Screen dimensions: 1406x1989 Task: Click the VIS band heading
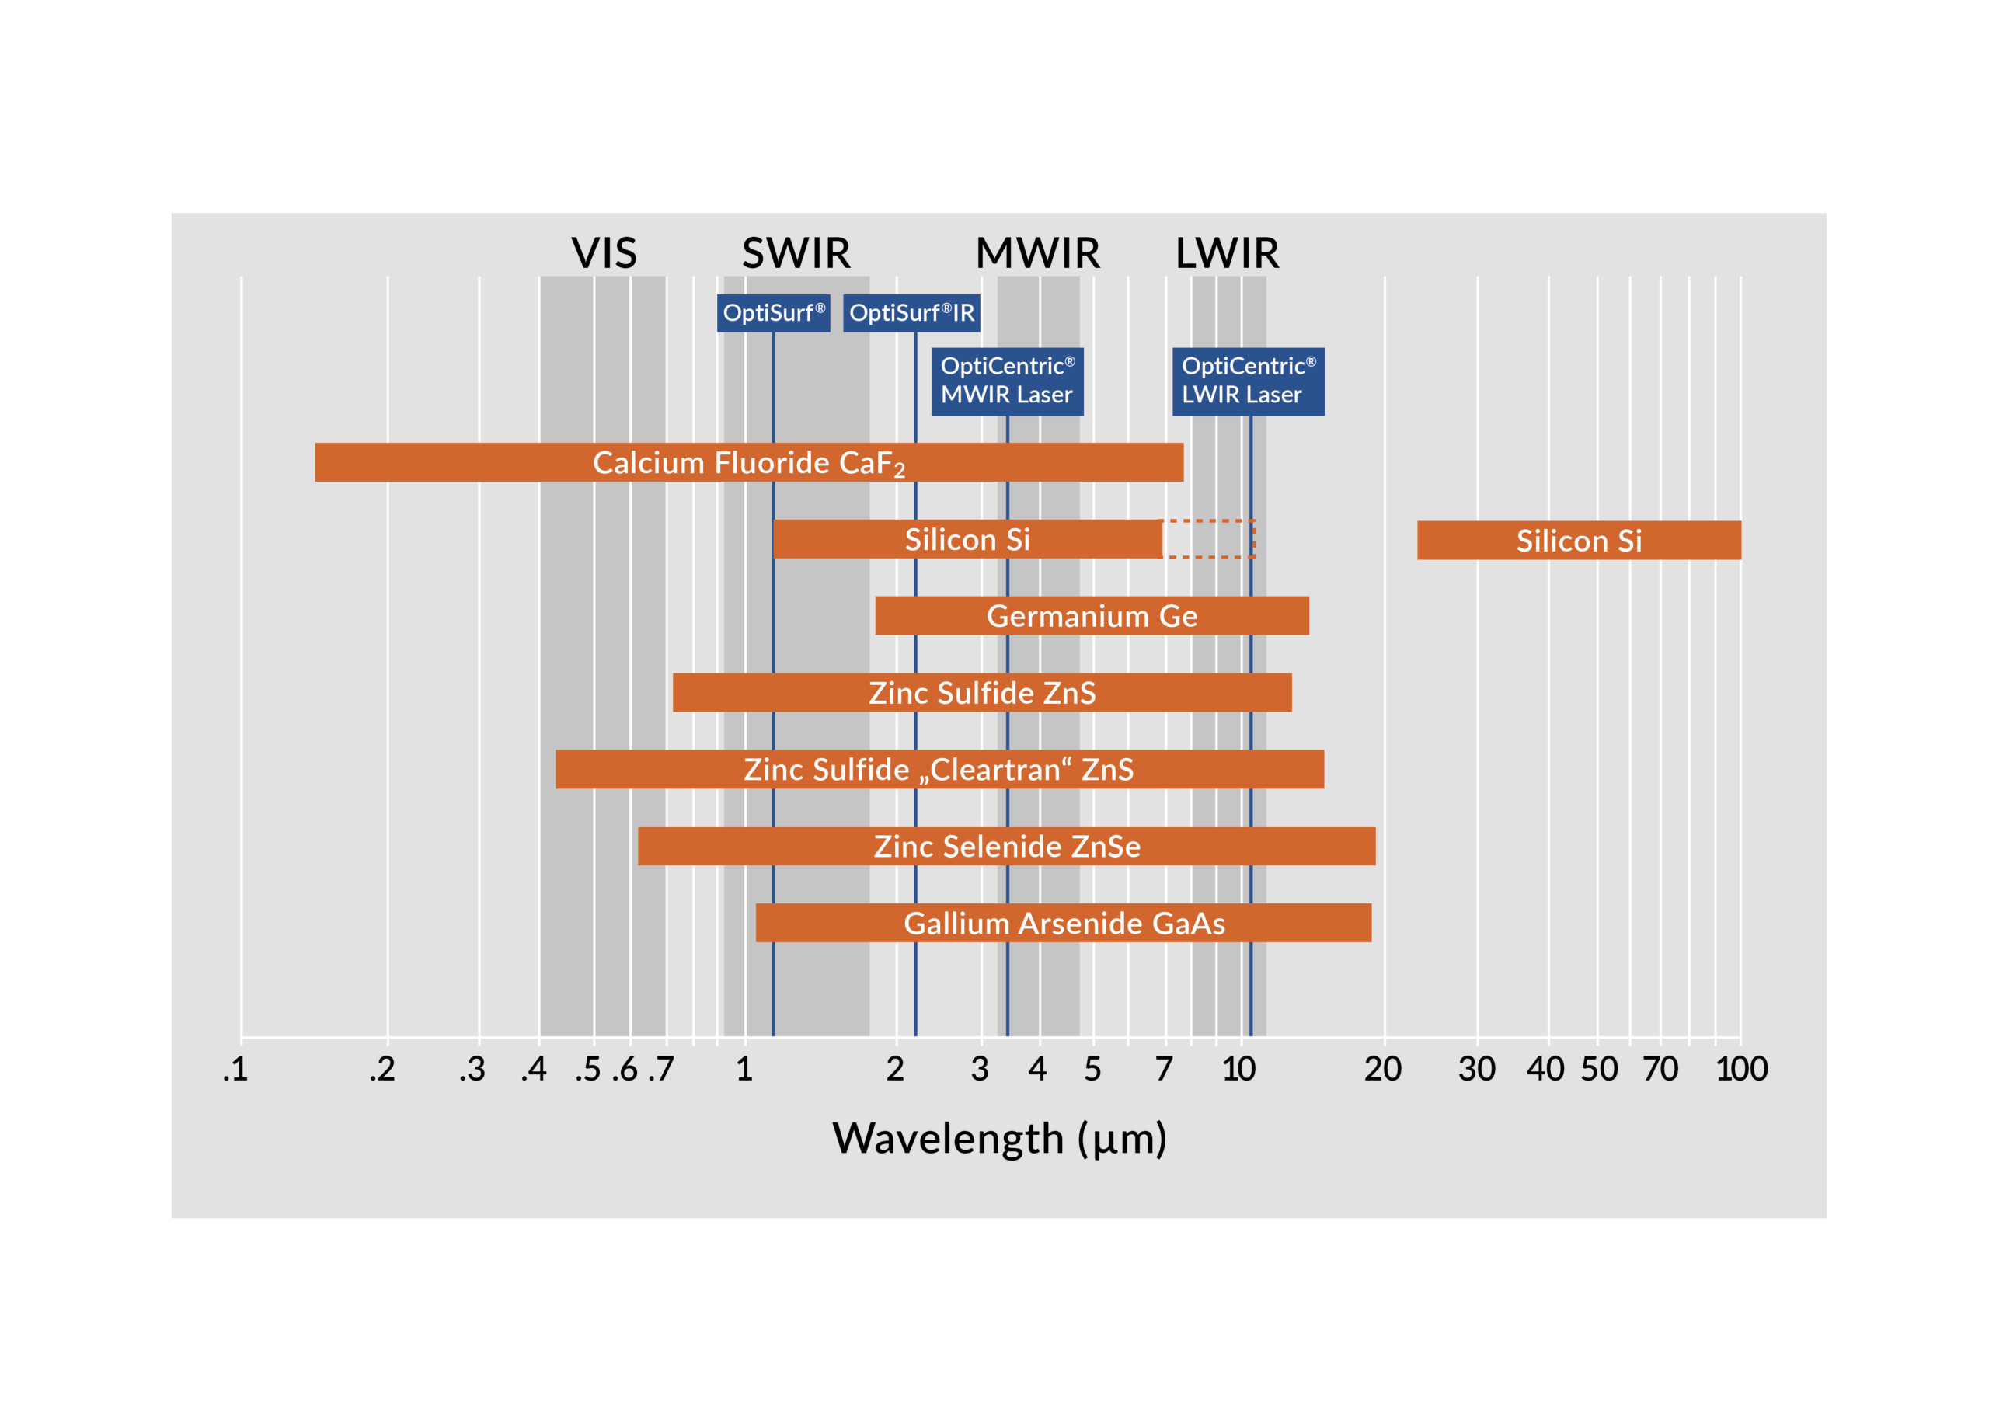click(x=604, y=253)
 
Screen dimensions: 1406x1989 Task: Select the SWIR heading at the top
click(x=796, y=253)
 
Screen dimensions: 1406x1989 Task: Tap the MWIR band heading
click(x=1037, y=253)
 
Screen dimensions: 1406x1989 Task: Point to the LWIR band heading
click(x=1227, y=253)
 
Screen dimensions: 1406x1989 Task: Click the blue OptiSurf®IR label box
click(x=911, y=313)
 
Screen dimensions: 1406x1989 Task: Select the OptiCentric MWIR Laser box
click(x=1007, y=381)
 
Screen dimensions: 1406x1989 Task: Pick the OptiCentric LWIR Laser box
click(x=1248, y=381)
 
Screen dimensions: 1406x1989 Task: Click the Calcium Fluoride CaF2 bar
click(x=748, y=463)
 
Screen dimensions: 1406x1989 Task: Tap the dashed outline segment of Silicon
click(x=1207, y=539)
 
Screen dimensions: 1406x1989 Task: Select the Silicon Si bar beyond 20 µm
click(x=1578, y=541)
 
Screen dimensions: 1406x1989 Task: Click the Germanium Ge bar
click(x=1092, y=616)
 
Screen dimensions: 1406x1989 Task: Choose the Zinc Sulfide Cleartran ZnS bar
click(x=939, y=769)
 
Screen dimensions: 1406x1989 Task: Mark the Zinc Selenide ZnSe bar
click(x=1007, y=847)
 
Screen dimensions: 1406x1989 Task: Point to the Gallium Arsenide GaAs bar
click(x=1063, y=924)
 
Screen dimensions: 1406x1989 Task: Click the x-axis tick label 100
click(x=1741, y=1070)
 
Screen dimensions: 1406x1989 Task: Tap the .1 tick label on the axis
click(x=235, y=1070)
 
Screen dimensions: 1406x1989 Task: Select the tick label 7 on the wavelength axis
click(x=1165, y=1070)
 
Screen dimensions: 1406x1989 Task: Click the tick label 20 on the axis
click(x=1383, y=1070)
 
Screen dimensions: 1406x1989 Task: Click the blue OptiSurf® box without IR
click(x=774, y=313)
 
